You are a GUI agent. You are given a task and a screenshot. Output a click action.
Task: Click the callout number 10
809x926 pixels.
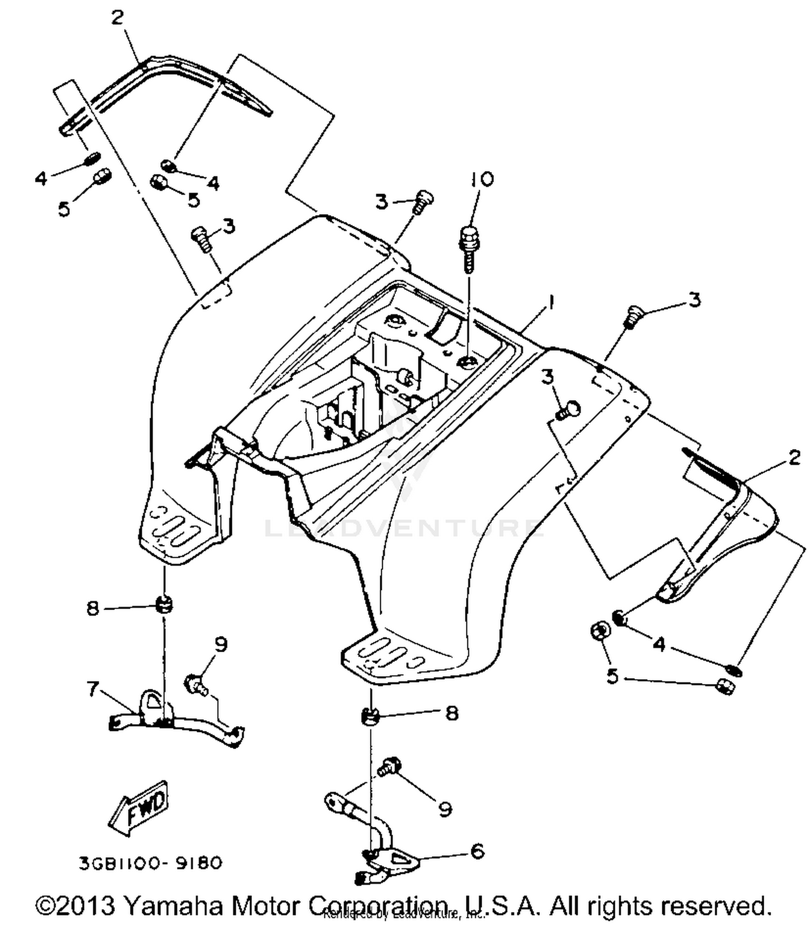pyautogui.click(x=482, y=179)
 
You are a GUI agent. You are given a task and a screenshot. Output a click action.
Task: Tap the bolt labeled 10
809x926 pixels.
pyautogui.click(x=468, y=248)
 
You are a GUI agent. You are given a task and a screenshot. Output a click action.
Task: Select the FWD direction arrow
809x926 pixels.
pyautogui.click(x=139, y=807)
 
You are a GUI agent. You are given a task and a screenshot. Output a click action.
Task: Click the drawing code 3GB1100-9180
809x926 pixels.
pyautogui.click(x=150, y=863)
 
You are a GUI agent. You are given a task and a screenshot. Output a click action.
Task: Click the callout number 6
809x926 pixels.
pyautogui.click(x=477, y=851)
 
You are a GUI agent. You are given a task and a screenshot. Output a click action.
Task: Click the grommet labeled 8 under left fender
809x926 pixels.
pyautogui.click(x=163, y=604)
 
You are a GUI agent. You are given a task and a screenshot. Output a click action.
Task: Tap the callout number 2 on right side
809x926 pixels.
pyautogui.click(x=793, y=458)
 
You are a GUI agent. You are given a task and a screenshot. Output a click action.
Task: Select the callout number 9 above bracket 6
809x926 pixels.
pyautogui.click(x=444, y=808)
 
